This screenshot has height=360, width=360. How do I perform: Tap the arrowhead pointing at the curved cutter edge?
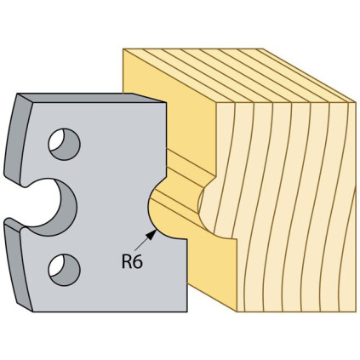(x=151, y=234)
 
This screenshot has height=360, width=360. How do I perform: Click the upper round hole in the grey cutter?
(x=65, y=144)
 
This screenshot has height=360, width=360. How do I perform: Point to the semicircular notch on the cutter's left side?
(x=67, y=207)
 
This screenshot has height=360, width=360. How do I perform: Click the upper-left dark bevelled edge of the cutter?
(x=18, y=139)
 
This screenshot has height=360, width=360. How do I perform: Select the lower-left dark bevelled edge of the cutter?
(x=18, y=266)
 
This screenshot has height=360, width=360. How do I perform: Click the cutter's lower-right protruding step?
(x=176, y=275)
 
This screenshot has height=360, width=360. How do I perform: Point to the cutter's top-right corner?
(x=166, y=103)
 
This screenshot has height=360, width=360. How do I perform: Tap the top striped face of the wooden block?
(x=238, y=75)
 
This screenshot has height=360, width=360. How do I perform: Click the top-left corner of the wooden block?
(x=123, y=49)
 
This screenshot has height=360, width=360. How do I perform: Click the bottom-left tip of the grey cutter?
(x=33, y=311)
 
